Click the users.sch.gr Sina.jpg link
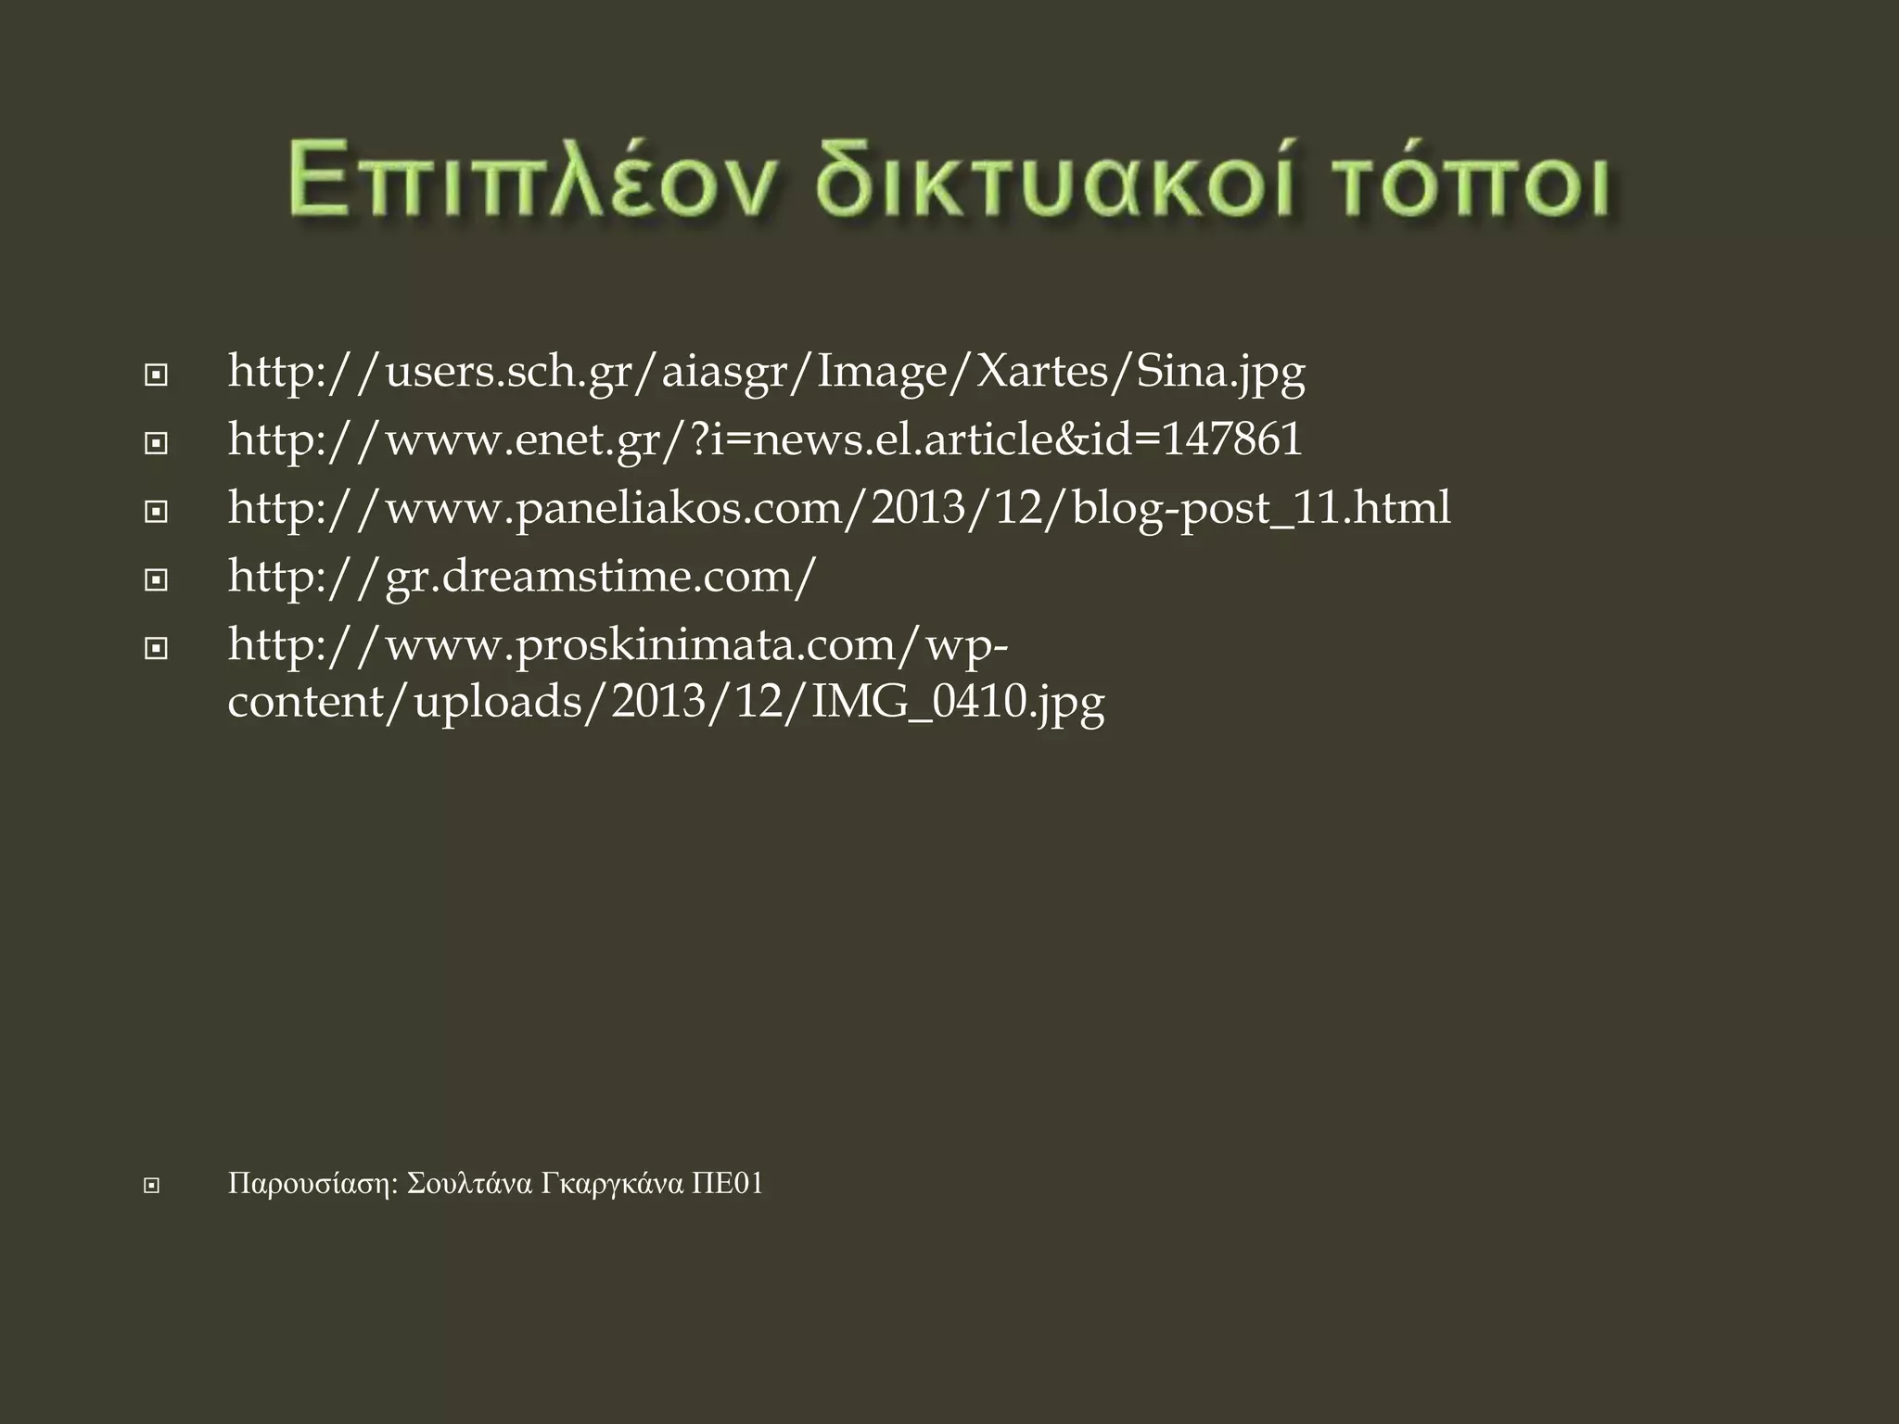(766, 373)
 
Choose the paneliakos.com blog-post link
(839, 509)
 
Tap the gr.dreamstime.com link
(522, 577)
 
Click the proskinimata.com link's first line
(618, 645)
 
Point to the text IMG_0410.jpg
(958, 704)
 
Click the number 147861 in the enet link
(1231, 439)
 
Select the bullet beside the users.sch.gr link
(156, 376)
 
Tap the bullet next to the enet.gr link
(156, 444)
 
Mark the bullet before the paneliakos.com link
(156, 512)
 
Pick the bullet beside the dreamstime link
(156, 580)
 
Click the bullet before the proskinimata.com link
(156, 648)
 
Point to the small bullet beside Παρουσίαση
(151, 1186)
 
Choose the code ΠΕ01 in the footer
(728, 1184)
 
